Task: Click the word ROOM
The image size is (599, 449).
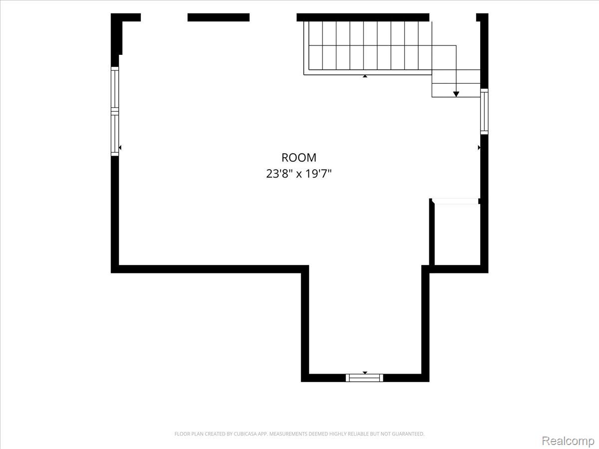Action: pos(299,158)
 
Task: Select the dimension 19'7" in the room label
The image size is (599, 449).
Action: pos(318,174)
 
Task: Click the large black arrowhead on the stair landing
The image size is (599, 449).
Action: pos(456,94)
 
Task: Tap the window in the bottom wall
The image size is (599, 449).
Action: pos(364,378)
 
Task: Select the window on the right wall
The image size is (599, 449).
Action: pos(484,111)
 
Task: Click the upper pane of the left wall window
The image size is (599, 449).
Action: pos(115,89)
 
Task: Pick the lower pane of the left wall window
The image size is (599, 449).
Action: pos(115,134)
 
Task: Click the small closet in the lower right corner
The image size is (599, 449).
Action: pos(457,234)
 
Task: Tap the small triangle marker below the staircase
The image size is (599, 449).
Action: pos(365,76)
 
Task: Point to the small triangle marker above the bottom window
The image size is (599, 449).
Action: pos(365,373)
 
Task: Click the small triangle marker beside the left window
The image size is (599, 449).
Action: pos(120,148)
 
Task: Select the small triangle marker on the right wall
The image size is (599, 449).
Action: pos(479,148)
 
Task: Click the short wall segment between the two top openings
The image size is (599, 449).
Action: pos(219,17)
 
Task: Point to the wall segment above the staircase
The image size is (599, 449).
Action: pos(363,17)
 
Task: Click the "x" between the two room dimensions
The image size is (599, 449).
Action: pos(299,175)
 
